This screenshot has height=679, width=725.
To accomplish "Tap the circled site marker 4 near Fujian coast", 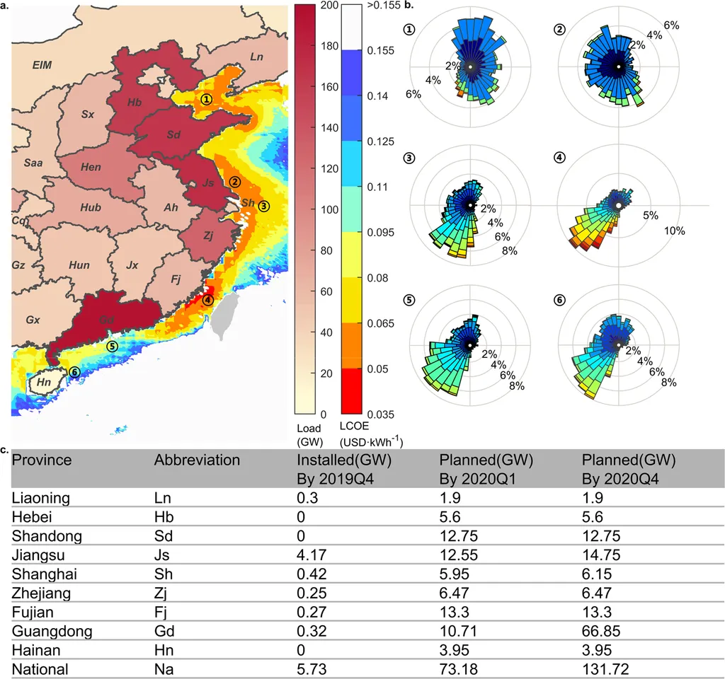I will (x=207, y=300).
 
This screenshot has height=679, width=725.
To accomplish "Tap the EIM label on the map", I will (x=42, y=65).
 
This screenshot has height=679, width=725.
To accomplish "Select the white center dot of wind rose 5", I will (x=469, y=345).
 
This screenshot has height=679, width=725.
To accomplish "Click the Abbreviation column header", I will (x=197, y=460).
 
